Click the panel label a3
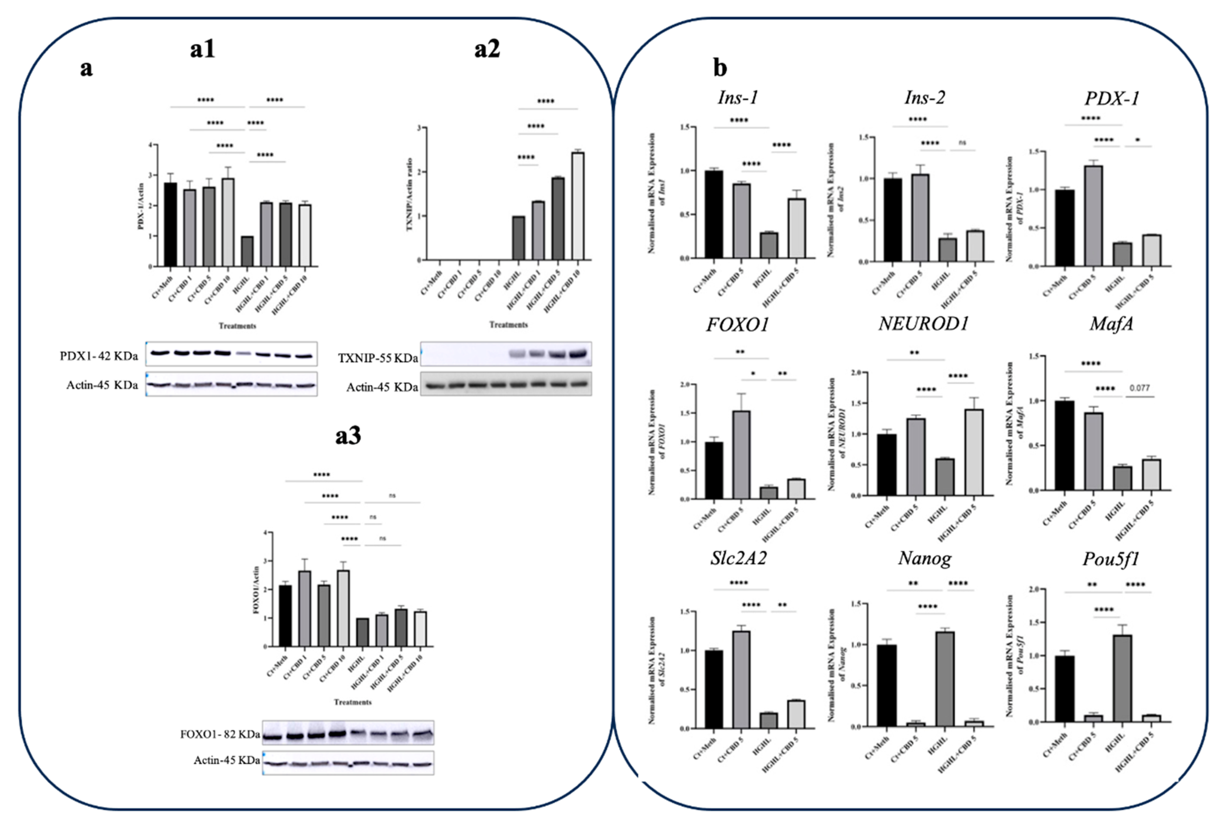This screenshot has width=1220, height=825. (348, 436)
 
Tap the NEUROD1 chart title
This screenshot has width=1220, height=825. (924, 324)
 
